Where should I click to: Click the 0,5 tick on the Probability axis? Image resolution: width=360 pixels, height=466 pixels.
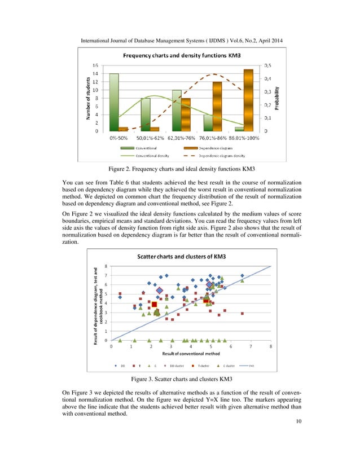[x=269, y=65]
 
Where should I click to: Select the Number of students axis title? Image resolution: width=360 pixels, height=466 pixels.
[x=89, y=98]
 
